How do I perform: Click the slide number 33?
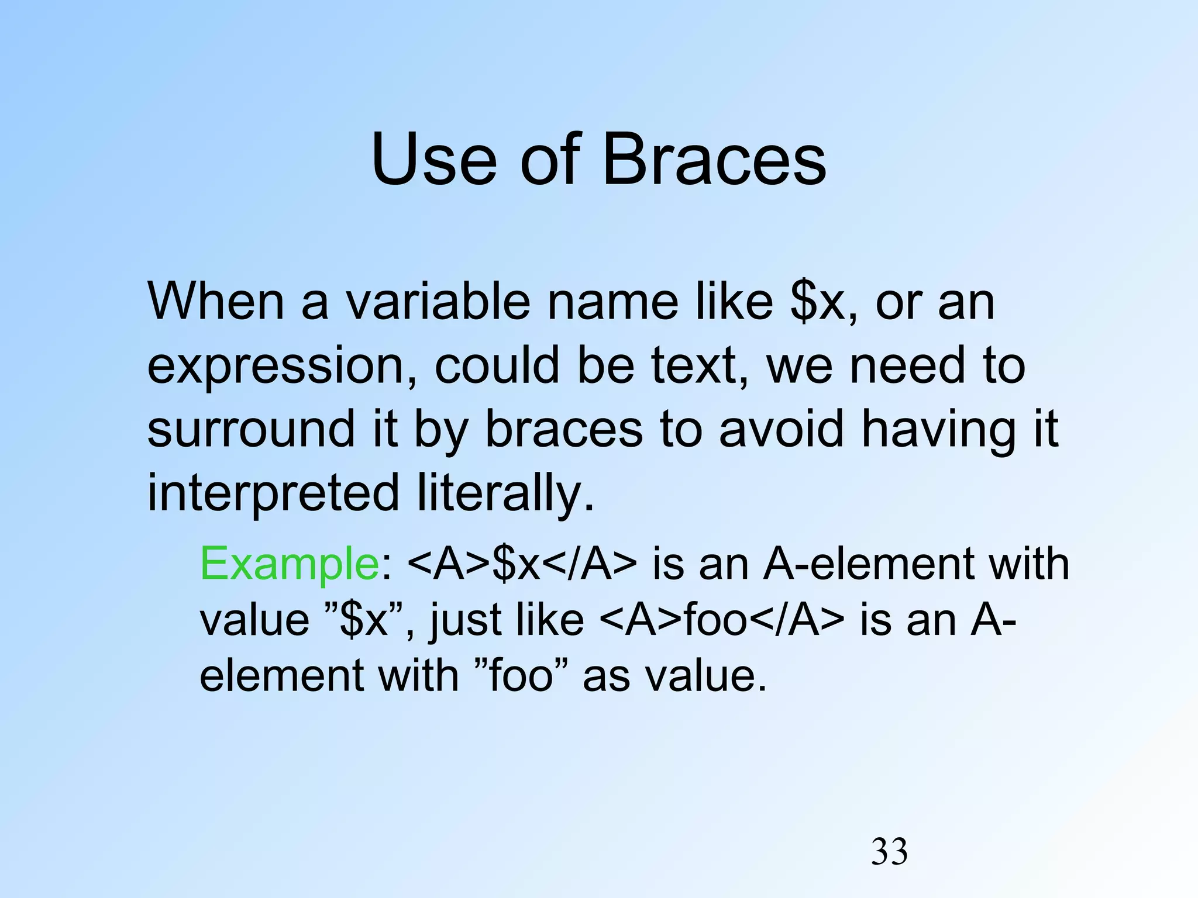coord(889,852)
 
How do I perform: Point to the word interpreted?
coord(273,493)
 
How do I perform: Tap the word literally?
coord(505,493)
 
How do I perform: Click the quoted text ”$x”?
coord(369,620)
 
